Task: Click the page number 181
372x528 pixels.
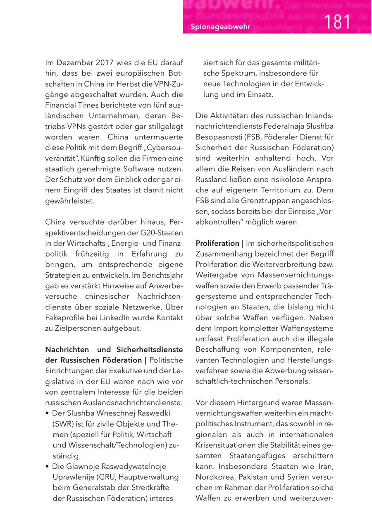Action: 337,22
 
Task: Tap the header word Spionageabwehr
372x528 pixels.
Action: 221,27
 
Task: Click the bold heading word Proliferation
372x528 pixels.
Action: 217,243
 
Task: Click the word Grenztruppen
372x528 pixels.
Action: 264,201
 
